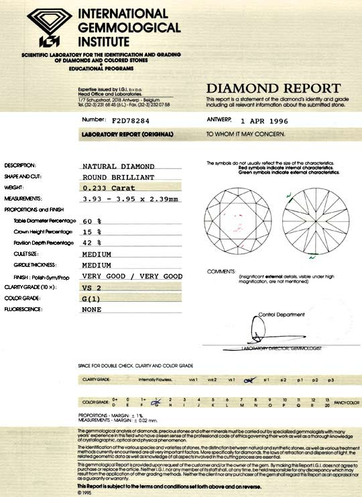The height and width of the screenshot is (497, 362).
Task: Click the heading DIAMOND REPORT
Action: pos(273,89)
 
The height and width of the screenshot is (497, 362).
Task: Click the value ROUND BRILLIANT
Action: pos(118,177)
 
